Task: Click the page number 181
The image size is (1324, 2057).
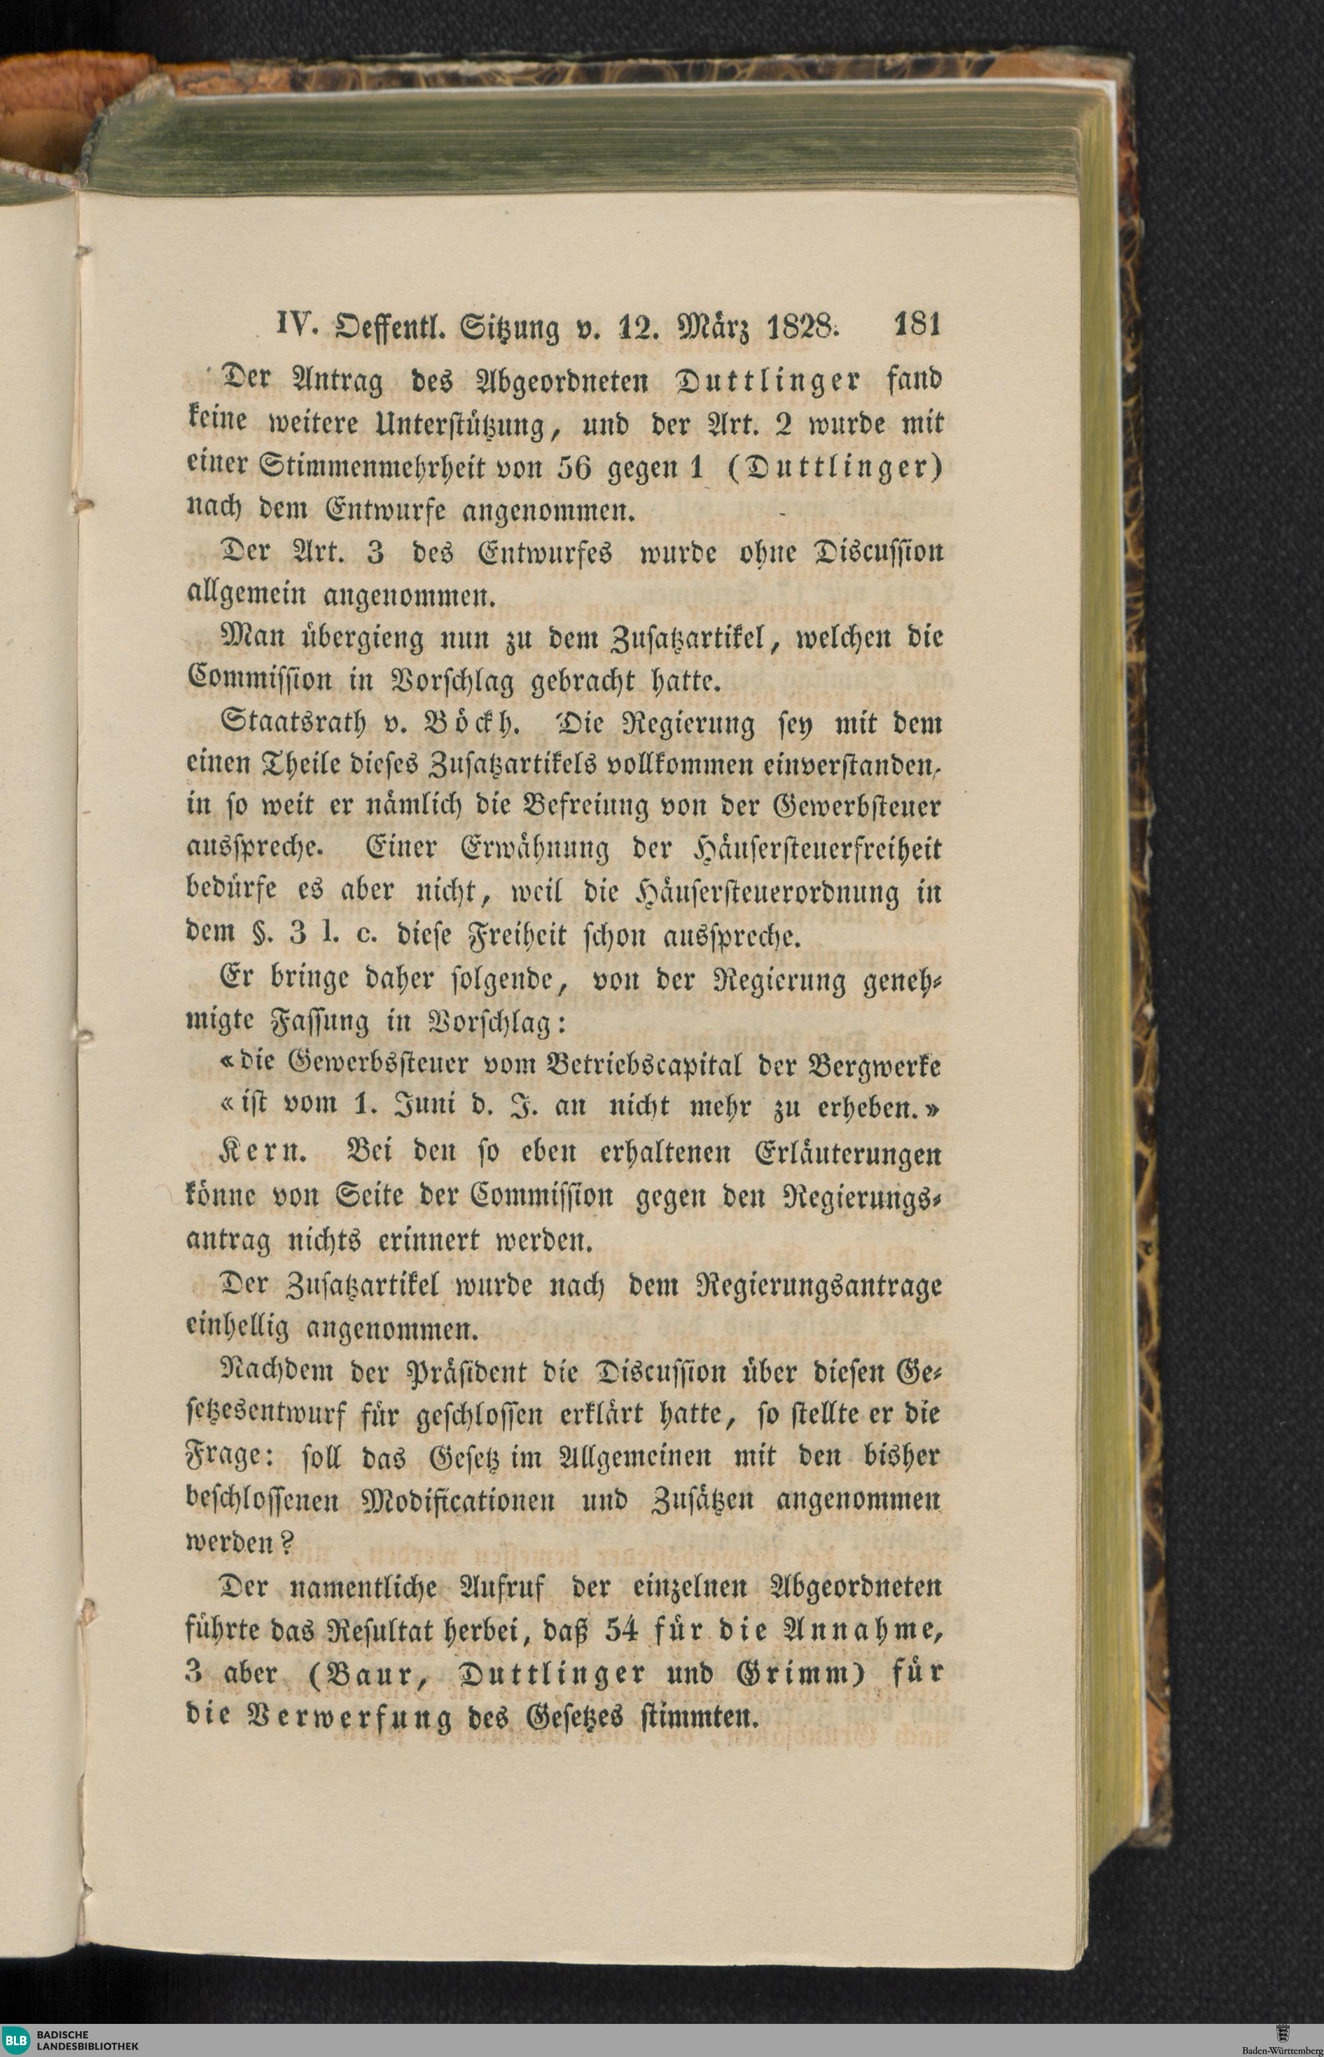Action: coord(918,326)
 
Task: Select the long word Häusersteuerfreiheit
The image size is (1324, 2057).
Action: coord(817,849)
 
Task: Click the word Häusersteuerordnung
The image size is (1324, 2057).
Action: coord(766,892)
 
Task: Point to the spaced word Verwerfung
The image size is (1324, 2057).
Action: coord(348,1717)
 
